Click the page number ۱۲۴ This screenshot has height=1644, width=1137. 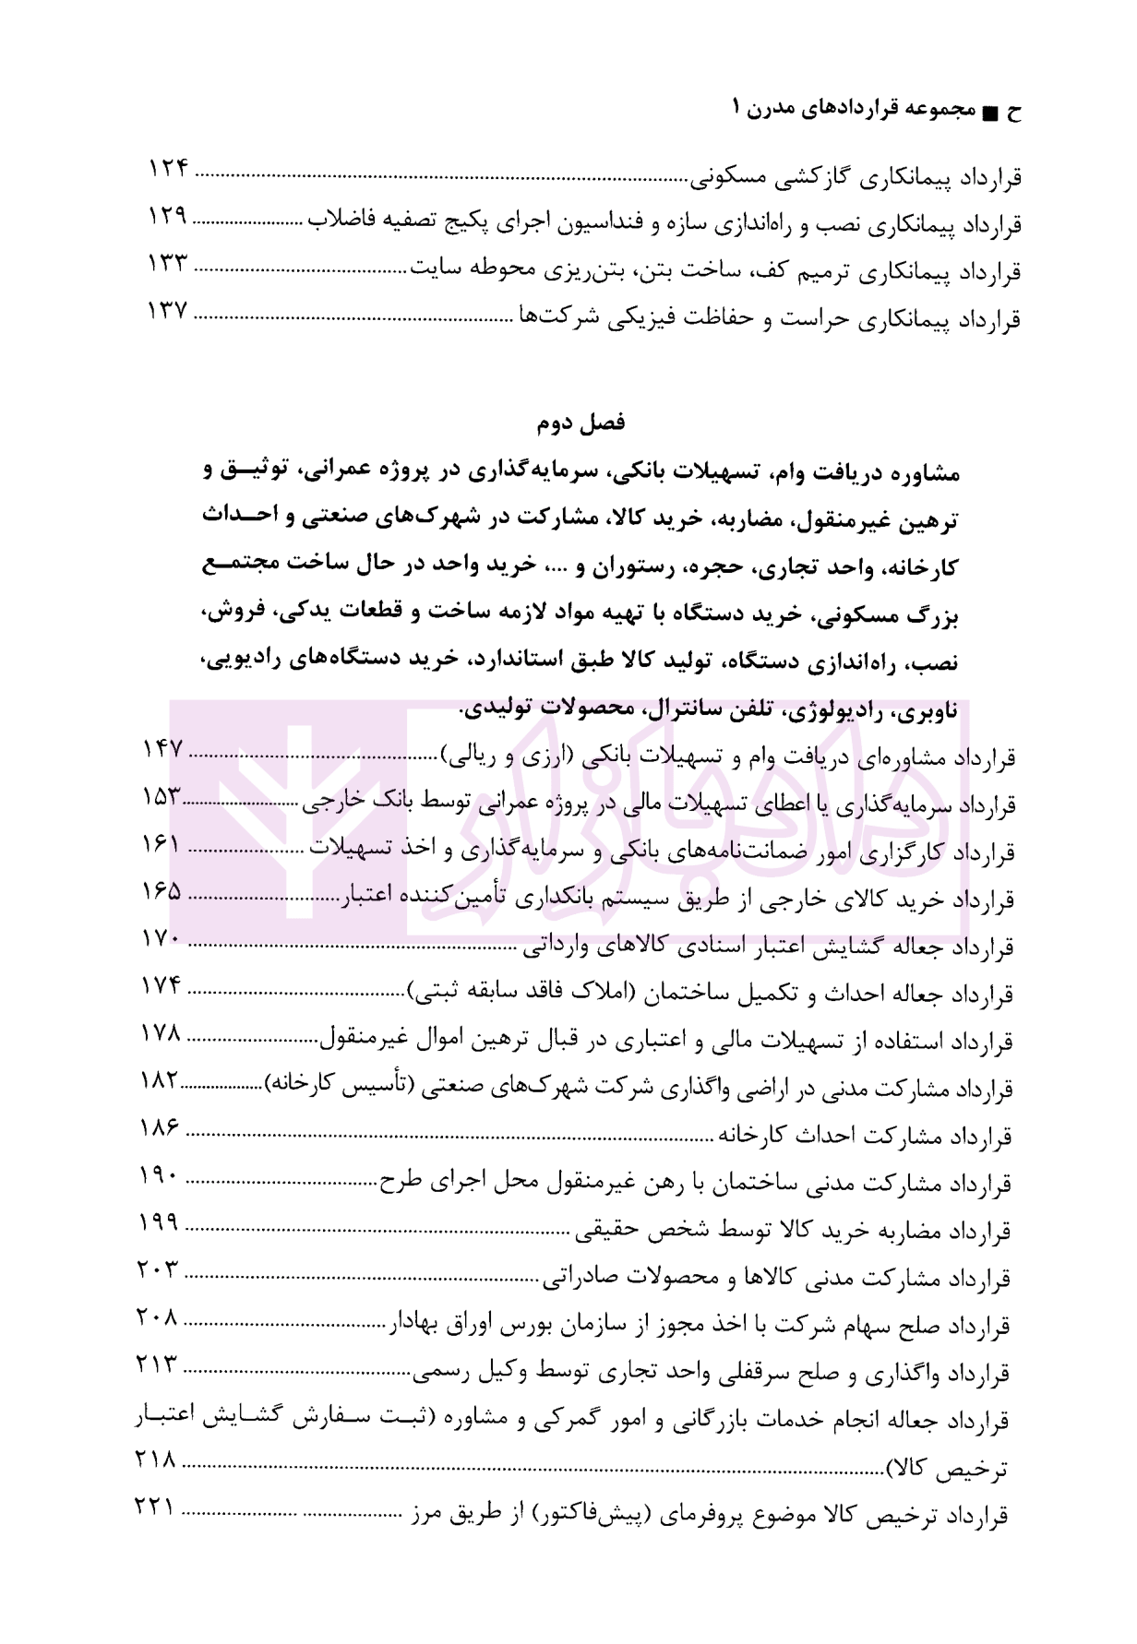[x=169, y=170]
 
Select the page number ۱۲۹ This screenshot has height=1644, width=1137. [x=168, y=217]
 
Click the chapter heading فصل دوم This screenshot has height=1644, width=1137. [x=580, y=423]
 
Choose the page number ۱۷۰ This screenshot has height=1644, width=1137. [x=162, y=939]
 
